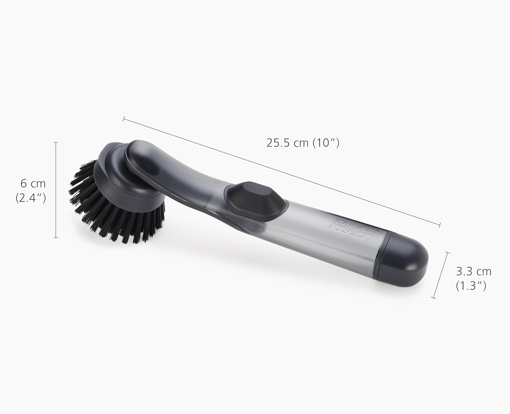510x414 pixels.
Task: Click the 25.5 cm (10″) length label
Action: tap(303, 143)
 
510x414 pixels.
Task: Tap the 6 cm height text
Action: tap(33, 184)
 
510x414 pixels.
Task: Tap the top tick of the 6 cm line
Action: tap(56, 142)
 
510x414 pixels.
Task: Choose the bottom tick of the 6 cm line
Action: tap(56, 237)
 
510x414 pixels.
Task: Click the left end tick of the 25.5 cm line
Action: tap(124, 119)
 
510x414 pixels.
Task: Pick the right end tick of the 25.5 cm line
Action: tap(440, 224)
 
